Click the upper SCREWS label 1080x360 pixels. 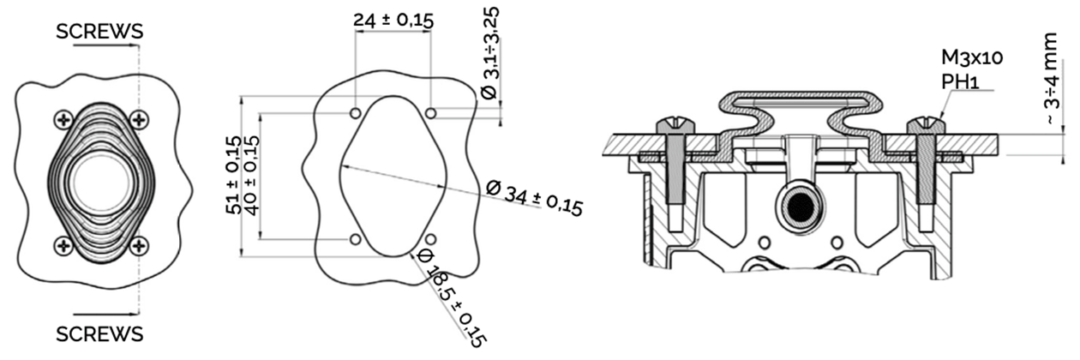click(x=99, y=32)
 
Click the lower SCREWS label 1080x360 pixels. click(x=99, y=334)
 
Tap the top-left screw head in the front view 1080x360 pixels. click(x=63, y=119)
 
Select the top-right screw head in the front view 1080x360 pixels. click(x=140, y=119)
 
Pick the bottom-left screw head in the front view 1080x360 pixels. click(x=63, y=246)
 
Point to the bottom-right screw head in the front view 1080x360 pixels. click(x=140, y=246)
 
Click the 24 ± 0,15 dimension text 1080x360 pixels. click(x=393, y=21)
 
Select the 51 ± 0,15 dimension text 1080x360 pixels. click(x=233, y=175)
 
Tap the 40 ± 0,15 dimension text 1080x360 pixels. click(x=252, y=175)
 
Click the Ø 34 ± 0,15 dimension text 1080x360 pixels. click(x=534, y=198)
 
